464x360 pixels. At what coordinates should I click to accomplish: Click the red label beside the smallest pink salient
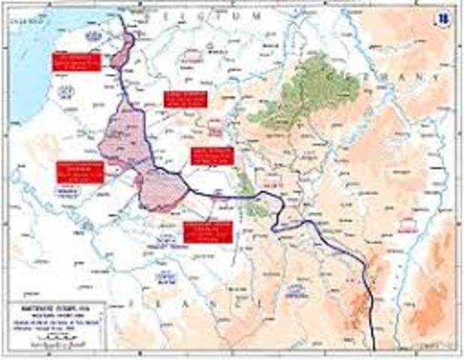(75, 61)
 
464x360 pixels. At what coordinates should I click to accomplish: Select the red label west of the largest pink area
(80, 172)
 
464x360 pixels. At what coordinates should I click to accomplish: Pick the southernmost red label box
(207, 231)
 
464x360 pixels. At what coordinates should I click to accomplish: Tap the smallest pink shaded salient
(122, 51)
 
